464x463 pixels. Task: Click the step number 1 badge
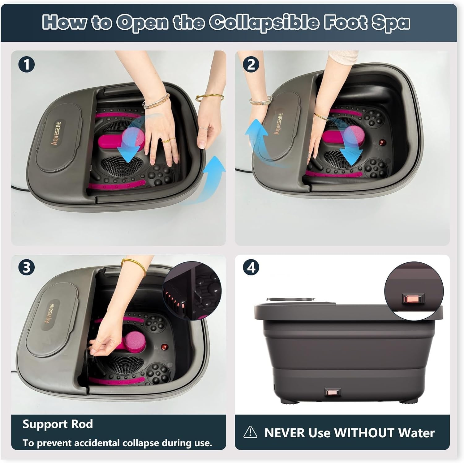[x=26, y=65]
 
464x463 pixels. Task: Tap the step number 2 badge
[x=251, y=65]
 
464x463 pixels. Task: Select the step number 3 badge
[x=26, y=267]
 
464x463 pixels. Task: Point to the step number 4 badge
[x=251, y=267]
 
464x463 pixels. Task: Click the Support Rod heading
[x=58, y=424]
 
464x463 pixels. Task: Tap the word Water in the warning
[x=416, y=433]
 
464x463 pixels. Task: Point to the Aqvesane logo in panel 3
[x=49, y=313]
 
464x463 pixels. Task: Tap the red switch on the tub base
[x=333, y=392]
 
